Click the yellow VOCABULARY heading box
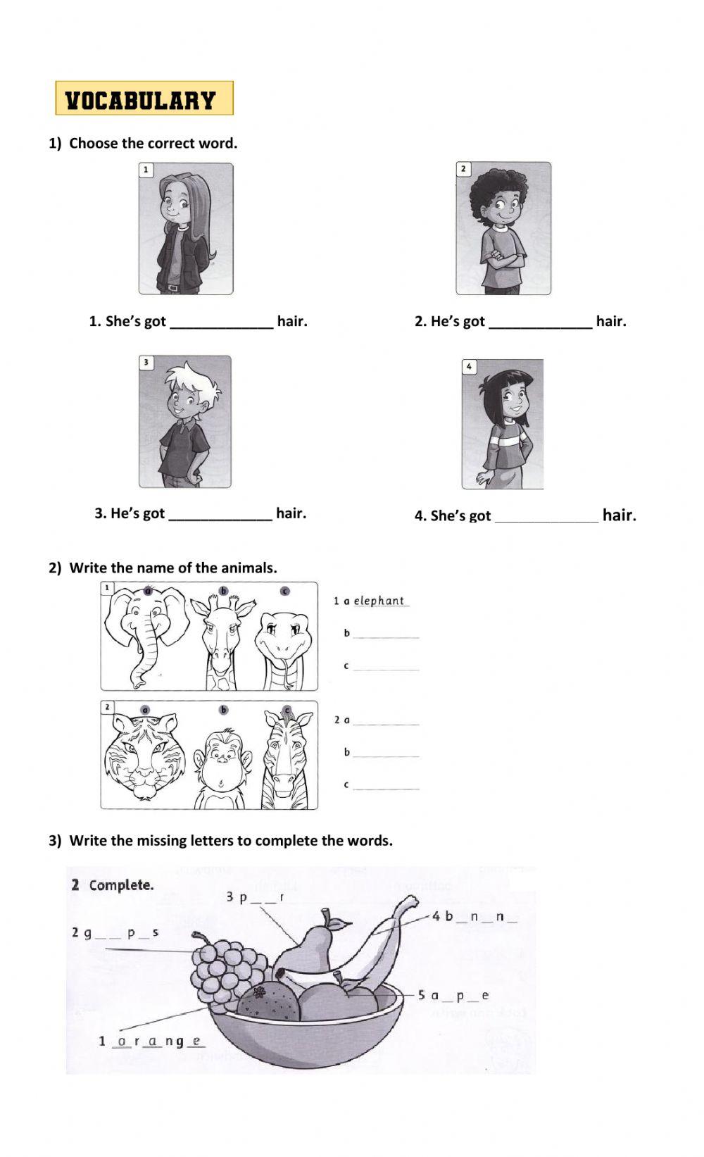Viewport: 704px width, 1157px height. point(144,99)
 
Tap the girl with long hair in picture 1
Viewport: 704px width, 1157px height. point(186,229)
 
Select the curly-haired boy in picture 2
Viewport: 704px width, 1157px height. point(503,229)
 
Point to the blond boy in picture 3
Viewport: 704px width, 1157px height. point(185,421)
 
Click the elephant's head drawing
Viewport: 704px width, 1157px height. point(144,631)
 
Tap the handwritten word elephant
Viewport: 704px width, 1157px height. point(379,601)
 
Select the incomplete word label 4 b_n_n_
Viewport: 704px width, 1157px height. point(475,916)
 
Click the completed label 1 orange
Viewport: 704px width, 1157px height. point(151,1041)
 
